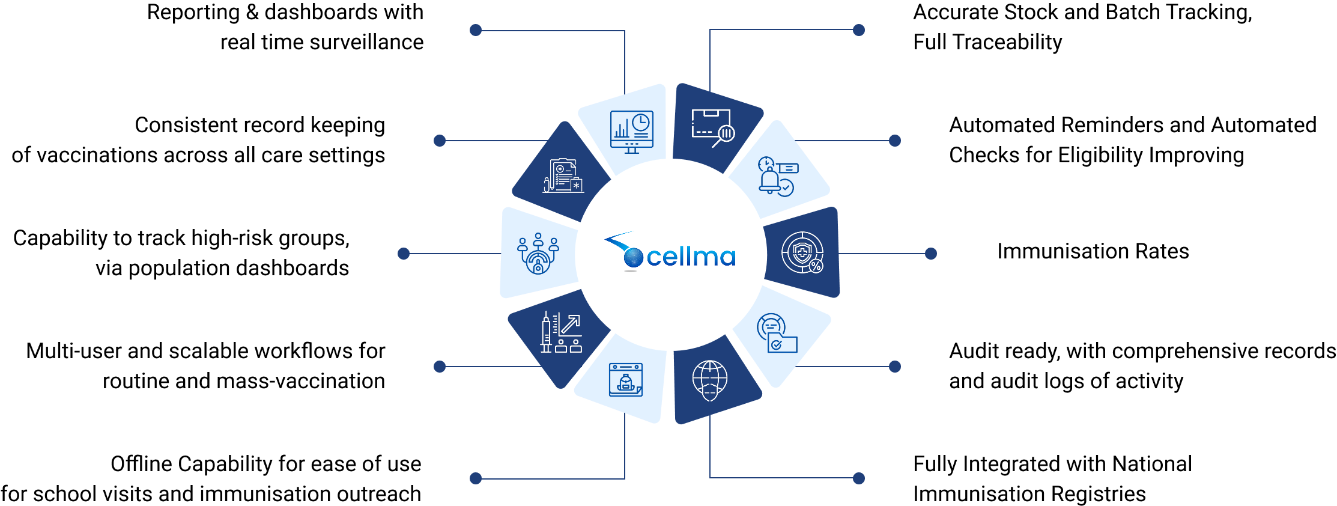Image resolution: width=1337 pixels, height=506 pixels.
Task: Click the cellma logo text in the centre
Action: click(691, 257)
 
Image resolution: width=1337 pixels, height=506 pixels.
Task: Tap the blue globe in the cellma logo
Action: click(633, 257)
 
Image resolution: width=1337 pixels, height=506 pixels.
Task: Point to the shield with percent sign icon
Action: click(802, 252)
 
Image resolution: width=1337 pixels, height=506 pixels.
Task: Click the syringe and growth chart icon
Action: click(561, 332)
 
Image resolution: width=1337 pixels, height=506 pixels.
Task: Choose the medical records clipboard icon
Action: click(563, 175)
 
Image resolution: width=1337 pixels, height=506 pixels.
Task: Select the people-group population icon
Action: click(538, 254)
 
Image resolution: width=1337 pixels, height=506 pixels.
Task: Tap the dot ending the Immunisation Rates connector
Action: click(931, 254)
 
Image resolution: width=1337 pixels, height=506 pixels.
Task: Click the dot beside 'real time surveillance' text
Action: click(476, 30)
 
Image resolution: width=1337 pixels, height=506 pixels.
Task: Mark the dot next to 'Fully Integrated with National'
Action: click(859, 478)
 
